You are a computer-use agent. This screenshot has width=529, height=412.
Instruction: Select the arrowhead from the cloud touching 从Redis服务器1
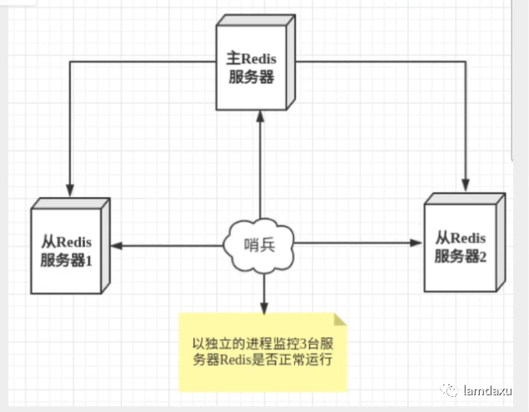(117, 244)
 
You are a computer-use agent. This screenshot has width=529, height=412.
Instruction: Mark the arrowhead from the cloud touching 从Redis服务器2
(418, 244)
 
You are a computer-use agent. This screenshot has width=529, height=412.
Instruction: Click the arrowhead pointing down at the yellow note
(263, 305)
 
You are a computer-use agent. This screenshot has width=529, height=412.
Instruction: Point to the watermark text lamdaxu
(491, 389)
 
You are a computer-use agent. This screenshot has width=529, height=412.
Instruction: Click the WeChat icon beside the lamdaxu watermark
(451, 389)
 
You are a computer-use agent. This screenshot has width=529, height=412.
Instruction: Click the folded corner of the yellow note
(339, 319)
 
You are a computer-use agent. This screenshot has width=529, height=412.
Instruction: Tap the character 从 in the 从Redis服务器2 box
(442, 237)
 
